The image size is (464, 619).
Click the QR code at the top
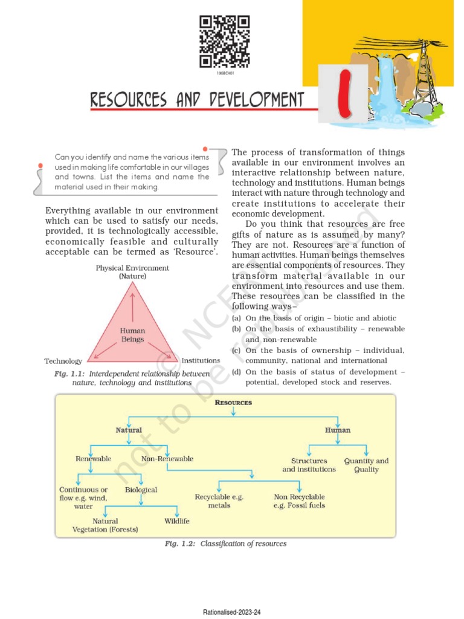224,42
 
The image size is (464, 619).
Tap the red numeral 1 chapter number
345,94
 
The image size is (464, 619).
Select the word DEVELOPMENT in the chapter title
256,99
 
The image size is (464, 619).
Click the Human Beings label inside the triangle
132,335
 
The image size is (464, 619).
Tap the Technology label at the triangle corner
63,361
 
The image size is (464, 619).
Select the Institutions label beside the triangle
201,360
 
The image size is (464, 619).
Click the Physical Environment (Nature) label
132,271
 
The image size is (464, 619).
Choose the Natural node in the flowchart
129,430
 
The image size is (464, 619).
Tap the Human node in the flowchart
338,430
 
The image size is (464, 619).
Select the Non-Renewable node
167,459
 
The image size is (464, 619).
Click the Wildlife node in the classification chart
177,520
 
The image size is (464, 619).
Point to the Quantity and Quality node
366,465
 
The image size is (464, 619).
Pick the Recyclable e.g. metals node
219,501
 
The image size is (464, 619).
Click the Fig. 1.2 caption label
180,543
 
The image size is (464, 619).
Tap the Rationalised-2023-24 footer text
231,612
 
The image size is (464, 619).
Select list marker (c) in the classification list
236,351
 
